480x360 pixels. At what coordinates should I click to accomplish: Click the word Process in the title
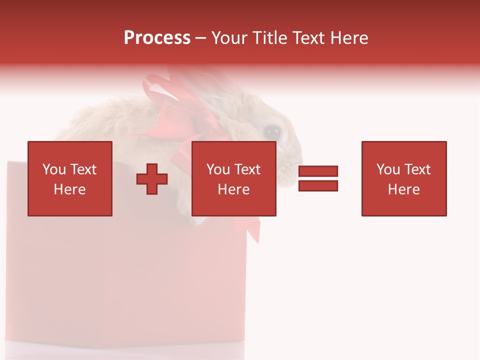(x=157, y=38)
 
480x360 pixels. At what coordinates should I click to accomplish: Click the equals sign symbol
(x=318, y=178)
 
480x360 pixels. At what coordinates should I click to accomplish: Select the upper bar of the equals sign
(x=318, y=171)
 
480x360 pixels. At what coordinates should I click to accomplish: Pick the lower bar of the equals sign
(x=318, y=186)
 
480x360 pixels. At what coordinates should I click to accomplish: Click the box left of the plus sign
(x=69, y=178)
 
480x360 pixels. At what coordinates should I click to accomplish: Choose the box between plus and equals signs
(x=233, y=178)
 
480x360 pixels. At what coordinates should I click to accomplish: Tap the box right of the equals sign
(x=403, y=178)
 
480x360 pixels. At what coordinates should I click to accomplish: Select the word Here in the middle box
(x=233, y=189)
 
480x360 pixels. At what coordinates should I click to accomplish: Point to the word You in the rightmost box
(x=388, y=169)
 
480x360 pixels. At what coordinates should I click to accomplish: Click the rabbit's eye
(x=272, y=132)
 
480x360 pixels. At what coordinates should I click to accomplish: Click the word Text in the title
(x=307, y=38)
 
